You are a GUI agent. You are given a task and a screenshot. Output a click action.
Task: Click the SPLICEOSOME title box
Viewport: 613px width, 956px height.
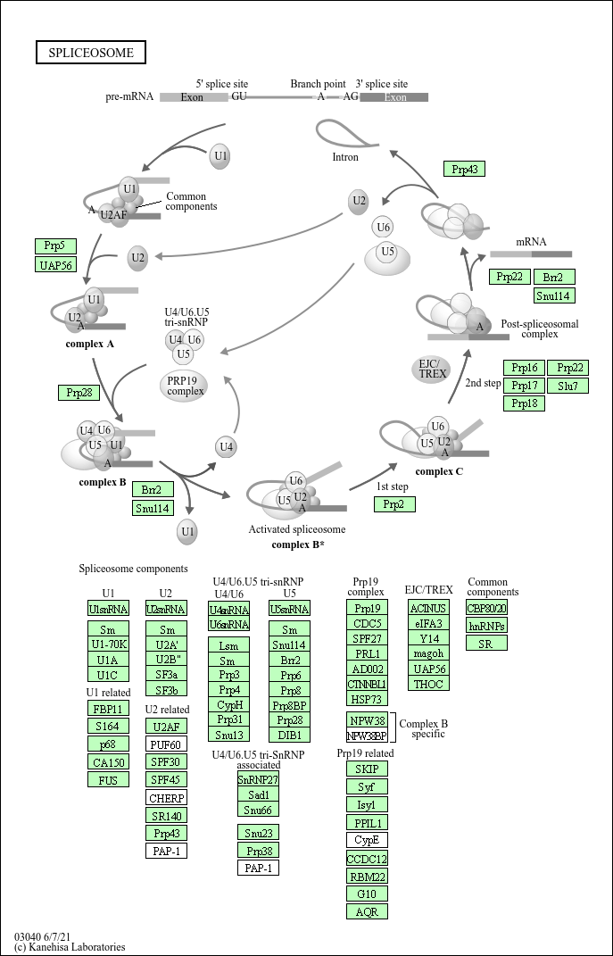(91, 53)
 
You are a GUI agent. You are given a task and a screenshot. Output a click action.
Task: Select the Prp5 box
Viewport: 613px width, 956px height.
(55, 246)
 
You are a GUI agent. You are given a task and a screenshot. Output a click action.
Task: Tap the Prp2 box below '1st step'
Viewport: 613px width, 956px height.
(394, 505)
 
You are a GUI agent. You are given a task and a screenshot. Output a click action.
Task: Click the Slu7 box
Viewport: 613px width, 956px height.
(567, 386)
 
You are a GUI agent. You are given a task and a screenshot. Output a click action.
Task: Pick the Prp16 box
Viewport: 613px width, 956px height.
(525, 368)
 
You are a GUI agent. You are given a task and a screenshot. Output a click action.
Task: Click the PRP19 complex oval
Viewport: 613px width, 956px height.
(186, 386)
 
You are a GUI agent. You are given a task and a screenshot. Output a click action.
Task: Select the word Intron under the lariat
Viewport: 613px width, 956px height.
(345, 157)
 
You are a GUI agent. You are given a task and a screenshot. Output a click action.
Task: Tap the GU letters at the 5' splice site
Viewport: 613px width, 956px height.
(239, 96)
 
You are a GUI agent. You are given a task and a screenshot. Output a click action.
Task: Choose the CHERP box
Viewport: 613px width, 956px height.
(166, 798)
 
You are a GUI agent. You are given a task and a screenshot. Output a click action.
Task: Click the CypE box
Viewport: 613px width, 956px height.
(367, 840)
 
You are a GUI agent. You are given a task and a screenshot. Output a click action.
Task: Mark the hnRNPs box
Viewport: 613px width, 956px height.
(487, 626)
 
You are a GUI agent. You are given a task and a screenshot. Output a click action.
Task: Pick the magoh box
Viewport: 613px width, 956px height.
(428, 653)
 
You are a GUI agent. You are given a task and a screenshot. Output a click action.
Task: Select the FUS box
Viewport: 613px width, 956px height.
(108, 779)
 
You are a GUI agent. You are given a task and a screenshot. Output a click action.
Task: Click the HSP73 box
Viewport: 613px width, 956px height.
(367, 699)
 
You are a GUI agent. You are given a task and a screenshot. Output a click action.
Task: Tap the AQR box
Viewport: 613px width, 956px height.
(367, 911)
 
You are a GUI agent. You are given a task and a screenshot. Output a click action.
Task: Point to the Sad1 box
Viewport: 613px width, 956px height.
(259, 794)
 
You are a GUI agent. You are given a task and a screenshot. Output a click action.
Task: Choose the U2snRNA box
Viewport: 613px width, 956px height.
(166, 609)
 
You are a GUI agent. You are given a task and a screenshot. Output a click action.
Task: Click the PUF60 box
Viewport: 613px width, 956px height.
(166, 744)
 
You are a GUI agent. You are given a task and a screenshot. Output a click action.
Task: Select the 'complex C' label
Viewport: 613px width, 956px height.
(439, 471)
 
